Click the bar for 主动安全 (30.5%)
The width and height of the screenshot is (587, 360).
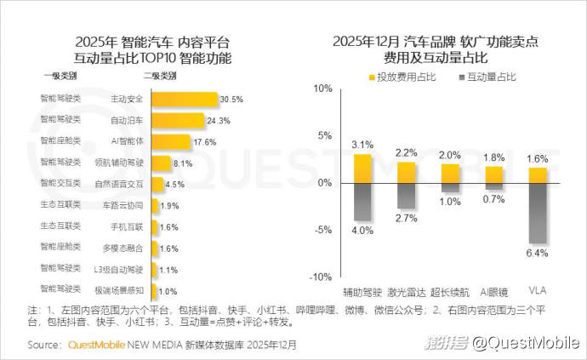pyautogui.click(x=185, y=99)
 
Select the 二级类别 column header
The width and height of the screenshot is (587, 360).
pyautogui.click(x=161, y=76)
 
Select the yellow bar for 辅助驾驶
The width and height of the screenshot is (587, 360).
pyautogui.click(x=363, y=169)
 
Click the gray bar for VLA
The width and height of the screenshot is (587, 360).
pyautogui.click(x=538, y=213)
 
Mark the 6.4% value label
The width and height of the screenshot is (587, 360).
pyautogui.click(x=538, y=253)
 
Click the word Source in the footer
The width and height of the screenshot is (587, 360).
pyautogui.click(x=44, y=345)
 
